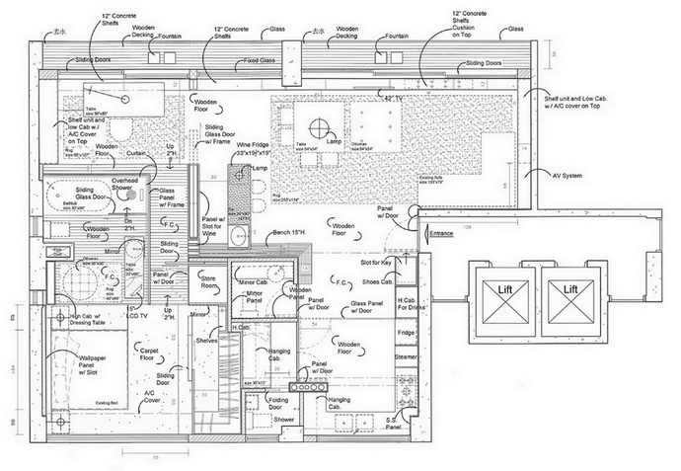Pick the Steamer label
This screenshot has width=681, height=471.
[407, 355]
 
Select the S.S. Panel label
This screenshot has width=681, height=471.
[392, 426]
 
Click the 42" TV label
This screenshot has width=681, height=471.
[394, 99]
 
